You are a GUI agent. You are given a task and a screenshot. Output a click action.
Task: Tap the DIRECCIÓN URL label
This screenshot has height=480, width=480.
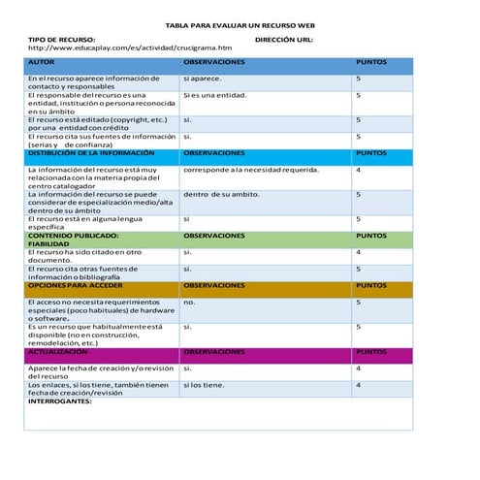283,38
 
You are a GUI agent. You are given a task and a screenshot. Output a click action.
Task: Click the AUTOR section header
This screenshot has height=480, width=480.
42,61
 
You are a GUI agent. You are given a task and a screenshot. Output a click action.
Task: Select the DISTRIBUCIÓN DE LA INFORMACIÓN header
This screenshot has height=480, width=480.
90,152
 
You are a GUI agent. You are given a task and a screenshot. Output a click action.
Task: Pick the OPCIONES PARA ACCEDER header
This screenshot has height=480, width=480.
75,286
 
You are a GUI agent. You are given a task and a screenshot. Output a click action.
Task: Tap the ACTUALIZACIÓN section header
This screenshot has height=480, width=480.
64,352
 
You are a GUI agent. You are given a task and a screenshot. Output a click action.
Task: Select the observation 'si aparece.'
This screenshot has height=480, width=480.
202,78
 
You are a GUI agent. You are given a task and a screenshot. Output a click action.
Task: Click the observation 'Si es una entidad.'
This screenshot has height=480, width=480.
214,95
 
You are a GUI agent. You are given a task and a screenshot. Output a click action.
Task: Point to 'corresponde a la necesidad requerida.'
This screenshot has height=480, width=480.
250,170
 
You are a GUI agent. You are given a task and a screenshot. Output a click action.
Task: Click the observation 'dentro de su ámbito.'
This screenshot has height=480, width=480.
221,194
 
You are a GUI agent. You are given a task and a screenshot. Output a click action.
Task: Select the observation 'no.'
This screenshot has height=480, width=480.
189,303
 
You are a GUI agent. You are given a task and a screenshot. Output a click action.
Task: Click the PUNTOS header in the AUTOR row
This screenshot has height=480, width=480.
371,61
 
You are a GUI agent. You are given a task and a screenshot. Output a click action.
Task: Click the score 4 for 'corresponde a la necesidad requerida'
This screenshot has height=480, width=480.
359,170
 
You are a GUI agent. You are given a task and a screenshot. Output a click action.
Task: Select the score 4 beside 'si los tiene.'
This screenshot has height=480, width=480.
359,385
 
